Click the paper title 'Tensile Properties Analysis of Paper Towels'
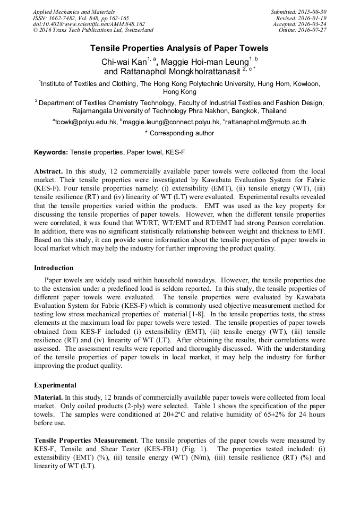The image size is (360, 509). [179, 48]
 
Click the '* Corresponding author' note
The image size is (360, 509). [179, 133]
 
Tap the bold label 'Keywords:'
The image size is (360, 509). [51, 152]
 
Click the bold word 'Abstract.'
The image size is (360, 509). [48, 172]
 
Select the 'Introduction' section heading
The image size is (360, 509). [54, 268]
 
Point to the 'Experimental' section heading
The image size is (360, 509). [55, 385]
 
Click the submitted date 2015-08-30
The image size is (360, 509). [312, 12]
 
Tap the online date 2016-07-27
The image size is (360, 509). [312, 30]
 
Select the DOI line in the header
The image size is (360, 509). [89, 24]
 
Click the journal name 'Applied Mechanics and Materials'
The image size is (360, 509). [73, 12]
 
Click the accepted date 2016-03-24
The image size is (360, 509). [312, 24]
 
